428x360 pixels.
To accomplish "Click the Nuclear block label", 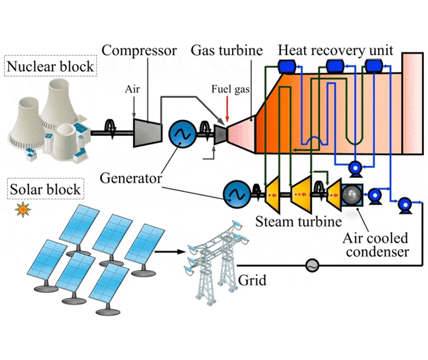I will [51, 67].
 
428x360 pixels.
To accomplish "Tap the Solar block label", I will [45, 189].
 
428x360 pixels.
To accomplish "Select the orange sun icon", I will [21, 209].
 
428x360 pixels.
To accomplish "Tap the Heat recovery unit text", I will [336, 50].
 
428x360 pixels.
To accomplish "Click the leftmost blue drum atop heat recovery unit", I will [286, 67].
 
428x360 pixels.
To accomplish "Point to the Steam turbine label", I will [298, 222].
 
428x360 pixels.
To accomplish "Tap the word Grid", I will [251, 281].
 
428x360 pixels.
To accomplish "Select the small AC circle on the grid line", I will [312, 265].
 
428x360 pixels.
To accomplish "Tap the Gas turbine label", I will [226, 50].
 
